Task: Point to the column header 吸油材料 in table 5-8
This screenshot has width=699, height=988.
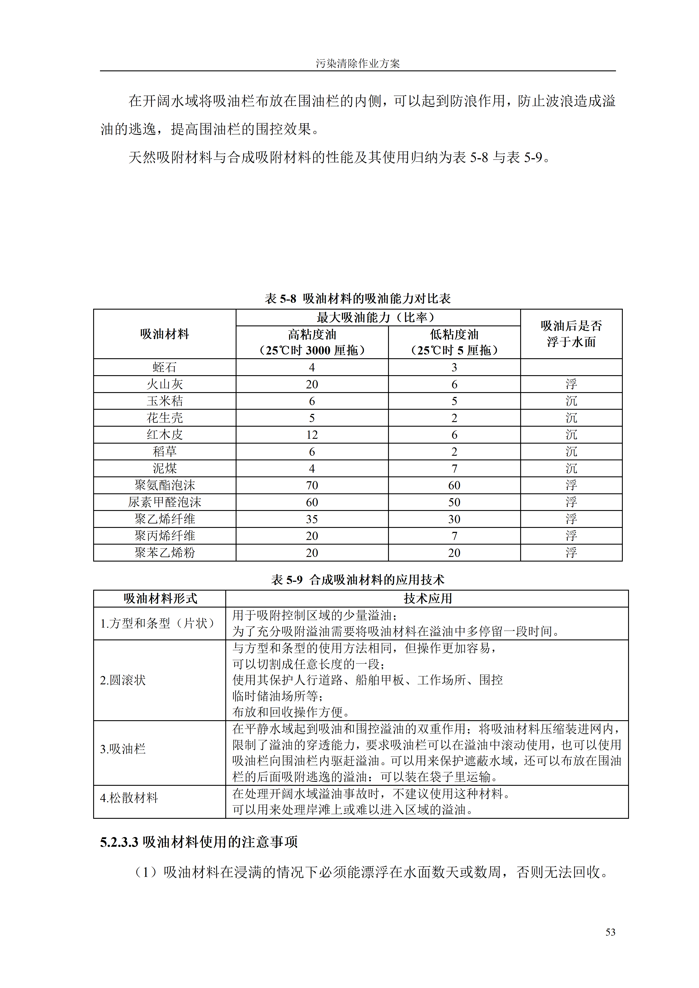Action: [x=165, y=334]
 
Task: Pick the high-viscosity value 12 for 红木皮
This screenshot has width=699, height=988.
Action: [x=312, y=435]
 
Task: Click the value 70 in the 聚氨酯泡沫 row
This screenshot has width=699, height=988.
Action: [x=312, y=485]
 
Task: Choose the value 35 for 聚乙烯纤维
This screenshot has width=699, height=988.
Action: [x=312, y=519]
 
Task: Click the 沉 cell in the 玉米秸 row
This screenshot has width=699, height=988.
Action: [x=571, y=401]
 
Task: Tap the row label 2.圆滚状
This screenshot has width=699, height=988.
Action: [x=123, y=680]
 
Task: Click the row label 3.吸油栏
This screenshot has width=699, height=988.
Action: [x=123, y=749]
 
